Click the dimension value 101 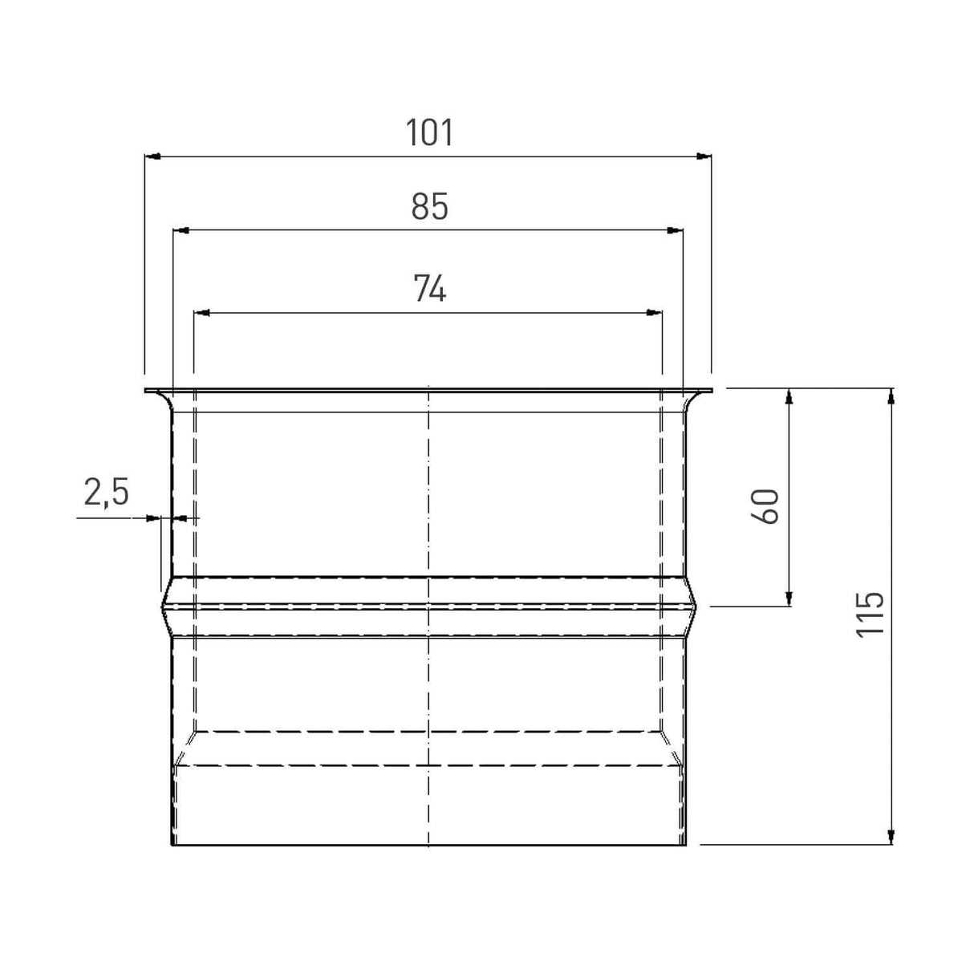(x=429, y=132)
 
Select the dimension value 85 (x=429, y=207)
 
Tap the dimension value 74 (x=429, y=288)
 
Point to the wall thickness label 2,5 (x=106, y=492)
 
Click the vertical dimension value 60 (x=765, y=506)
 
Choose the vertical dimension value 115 (x=871, y=614)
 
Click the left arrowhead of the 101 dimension (x=152, y=156)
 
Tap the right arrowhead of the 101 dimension (x=704, y=156)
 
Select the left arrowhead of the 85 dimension (x=181, y=230)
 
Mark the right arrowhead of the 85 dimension (x=676, y=230)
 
